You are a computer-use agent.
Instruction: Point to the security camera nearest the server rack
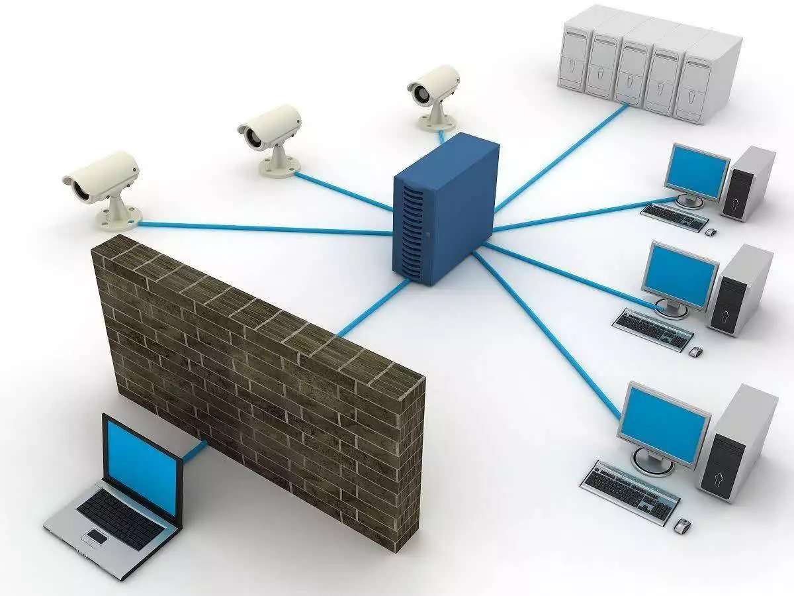click(433, 89)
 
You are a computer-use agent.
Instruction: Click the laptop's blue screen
click(142, 464)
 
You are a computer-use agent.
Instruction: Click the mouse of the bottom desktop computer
click(682, 526)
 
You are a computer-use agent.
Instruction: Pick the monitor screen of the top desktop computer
click(697, 170)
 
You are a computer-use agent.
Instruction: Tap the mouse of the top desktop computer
click(711, 232)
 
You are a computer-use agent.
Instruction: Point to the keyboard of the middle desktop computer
click(652, 328)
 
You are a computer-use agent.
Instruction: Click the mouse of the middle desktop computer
click(695, 352)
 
